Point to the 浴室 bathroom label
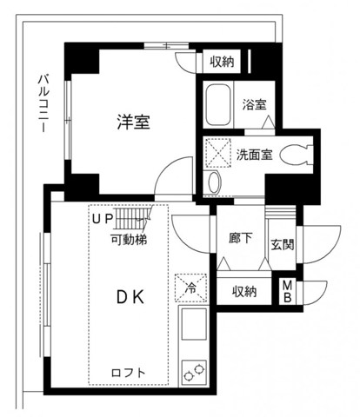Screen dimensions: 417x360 254,105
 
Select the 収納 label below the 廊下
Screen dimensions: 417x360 244,292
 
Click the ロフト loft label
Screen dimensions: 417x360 128,373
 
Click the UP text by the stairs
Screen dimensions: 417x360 102,218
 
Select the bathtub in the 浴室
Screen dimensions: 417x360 217,105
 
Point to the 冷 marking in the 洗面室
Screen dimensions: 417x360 215,155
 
